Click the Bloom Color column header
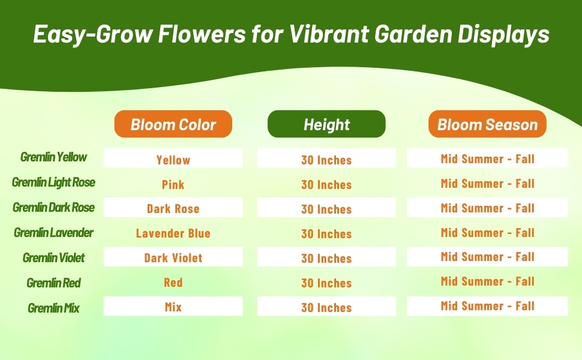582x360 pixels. click(x=173, y=124)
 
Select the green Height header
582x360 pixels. click(x=326, y=124)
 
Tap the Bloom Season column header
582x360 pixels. click(x=487, y=124)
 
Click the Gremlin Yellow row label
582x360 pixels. click(x=53, y=157)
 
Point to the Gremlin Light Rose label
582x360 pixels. click(x=53, y=182)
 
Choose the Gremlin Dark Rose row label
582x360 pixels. click(x=53, y=207)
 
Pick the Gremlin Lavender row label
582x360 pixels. click(x=53, y=232)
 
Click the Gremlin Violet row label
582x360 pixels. click(x=53, y=257)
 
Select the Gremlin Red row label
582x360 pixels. click(x=53, y=283)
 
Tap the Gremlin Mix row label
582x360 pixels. click(x=53, y=308)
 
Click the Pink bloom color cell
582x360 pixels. click(x=173, y=184)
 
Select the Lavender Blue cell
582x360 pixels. click(x=173, y=233)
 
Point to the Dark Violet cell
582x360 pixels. click(x=173, y=258)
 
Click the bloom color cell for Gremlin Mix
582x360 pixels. click(x=173, y=307)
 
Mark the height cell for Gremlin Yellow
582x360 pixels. click(x=326, y=160)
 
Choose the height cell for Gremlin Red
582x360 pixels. click(x=326, y=283)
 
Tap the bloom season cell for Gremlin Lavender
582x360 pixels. click(x=487, y=232)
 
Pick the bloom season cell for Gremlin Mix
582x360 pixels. click(x=487, y=306)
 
